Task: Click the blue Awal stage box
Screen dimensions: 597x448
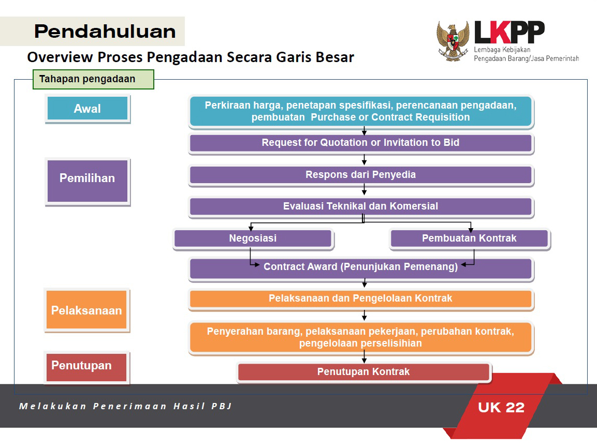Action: coord(88,109)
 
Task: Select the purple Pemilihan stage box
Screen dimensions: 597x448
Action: coord(88,181)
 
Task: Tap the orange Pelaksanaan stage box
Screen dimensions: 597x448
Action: coord(87,310)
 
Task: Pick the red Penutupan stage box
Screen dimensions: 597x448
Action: coord(87,367)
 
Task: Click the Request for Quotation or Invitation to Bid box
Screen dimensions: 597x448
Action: coord(360,143)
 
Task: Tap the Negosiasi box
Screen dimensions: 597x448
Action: coord(253,239)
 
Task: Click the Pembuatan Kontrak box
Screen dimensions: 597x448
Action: coord(470,239)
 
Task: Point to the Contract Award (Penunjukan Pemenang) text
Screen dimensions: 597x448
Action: coord(360,266)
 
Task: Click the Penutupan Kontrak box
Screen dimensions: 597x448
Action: coord(364,372)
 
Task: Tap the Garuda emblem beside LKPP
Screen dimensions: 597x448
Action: coord(453,41)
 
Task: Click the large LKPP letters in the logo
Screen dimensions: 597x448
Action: coord(509,32)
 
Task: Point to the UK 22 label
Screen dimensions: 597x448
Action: coord(501,407)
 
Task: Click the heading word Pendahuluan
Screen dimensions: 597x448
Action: coord(105,31)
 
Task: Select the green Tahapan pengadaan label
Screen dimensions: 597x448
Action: coord(93,79)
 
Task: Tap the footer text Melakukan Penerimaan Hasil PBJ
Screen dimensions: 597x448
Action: coord(125,406)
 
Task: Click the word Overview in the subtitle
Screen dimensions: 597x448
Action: coord(60,57)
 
